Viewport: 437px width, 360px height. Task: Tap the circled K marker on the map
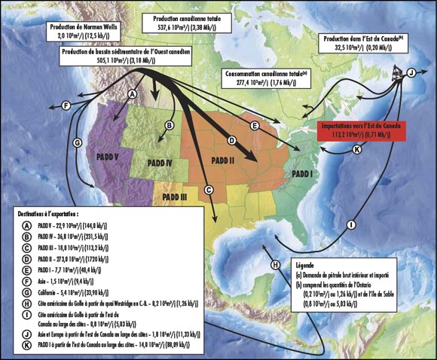pyautogui.click(x=356, y=149)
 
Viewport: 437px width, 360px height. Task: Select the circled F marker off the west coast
pyautogui.click(x=66, y=105)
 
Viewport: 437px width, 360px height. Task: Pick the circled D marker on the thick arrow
pyautogui.click(x=232, y=140)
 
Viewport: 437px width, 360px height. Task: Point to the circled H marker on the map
pyautogui.click(x=276, y=264)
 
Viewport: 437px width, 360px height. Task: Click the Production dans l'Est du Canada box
pyautogui.click(x=364, y=44)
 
